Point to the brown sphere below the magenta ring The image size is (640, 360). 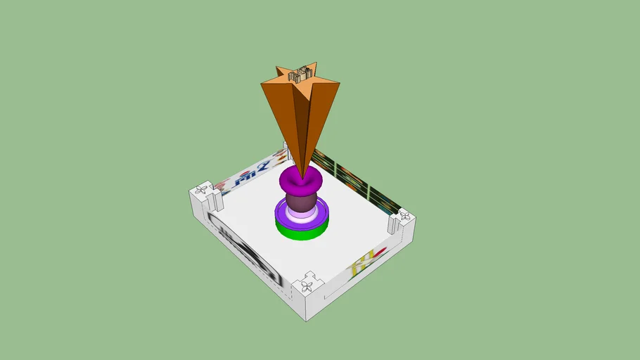pos(301,202)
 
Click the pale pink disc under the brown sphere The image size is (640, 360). pos(301,215)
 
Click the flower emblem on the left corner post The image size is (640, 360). pos(202,191)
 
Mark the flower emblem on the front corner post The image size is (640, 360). pos(307,286)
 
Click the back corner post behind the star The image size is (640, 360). pos(285,150)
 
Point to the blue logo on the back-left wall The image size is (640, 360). pos(250,176)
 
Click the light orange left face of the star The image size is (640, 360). pos(281,112)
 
